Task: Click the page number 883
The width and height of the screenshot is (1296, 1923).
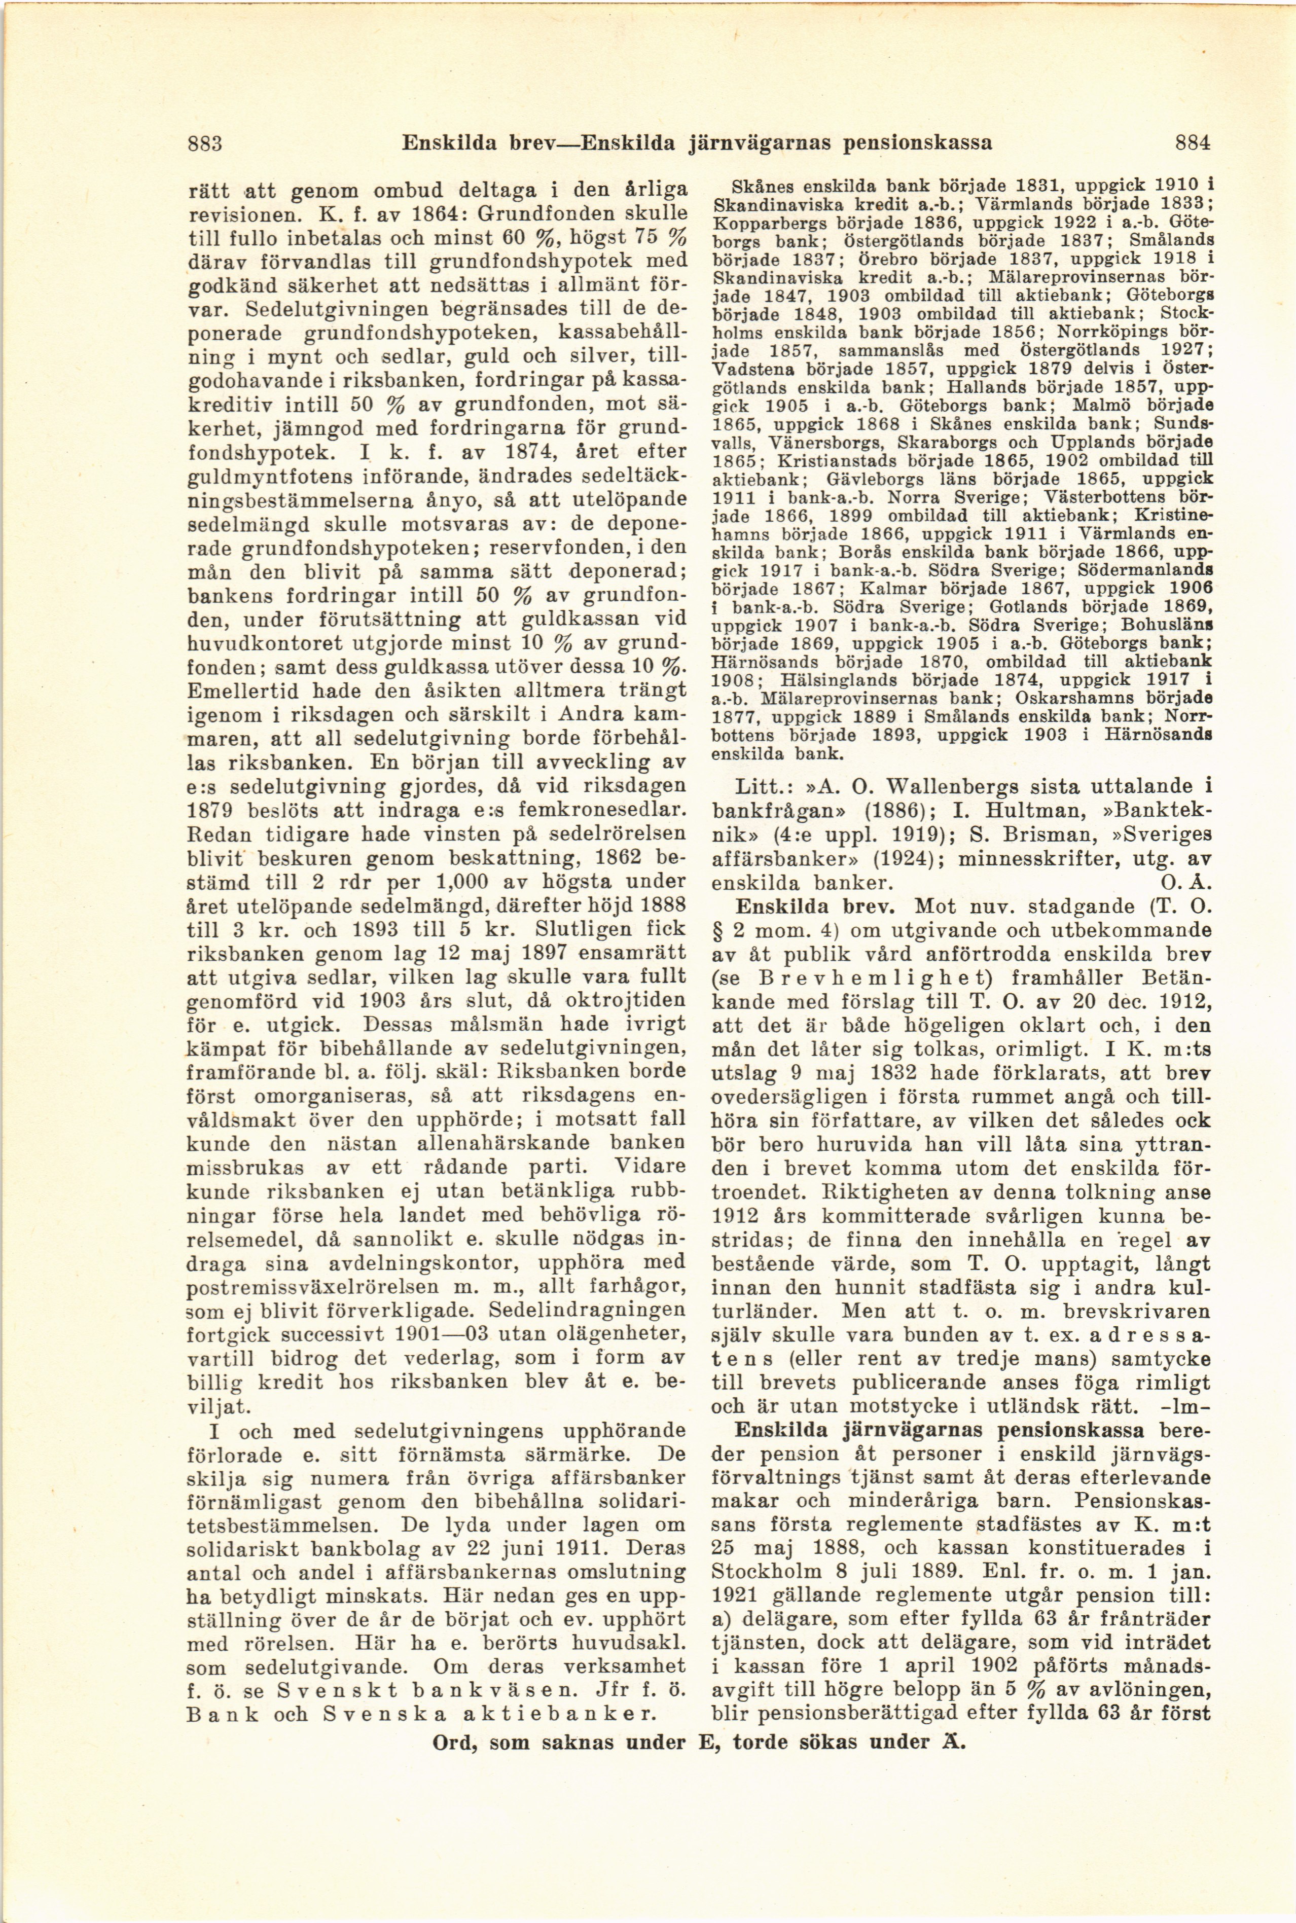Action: [x=205, y=142]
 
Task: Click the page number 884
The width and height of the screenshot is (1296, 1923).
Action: [x=1193, y=142]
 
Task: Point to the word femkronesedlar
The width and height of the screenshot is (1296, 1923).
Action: [x=603, y=808]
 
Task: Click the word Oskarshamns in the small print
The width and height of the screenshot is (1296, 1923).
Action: [x=1038, y=698]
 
